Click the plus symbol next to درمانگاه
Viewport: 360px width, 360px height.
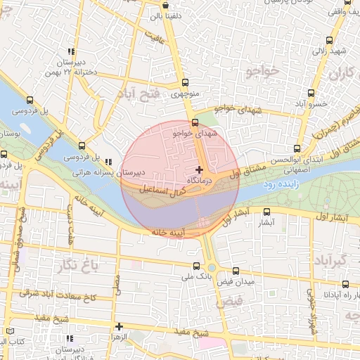[200, 169]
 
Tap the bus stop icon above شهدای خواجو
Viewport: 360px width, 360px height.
[195, 122]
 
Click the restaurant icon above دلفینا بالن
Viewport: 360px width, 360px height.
[165, 5]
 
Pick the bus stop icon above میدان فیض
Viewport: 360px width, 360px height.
[236, 271]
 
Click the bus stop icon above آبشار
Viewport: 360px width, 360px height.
[266, 212]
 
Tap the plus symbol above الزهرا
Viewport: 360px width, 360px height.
[120, 326]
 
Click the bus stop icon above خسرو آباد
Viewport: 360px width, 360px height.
[311, 93]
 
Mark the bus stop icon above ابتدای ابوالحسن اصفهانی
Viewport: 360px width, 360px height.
[297, 148]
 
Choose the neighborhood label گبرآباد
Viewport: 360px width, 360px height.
[330, 262]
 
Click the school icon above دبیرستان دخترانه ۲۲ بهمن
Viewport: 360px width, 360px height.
[71, 51]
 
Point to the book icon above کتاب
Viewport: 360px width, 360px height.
[9, 330]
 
